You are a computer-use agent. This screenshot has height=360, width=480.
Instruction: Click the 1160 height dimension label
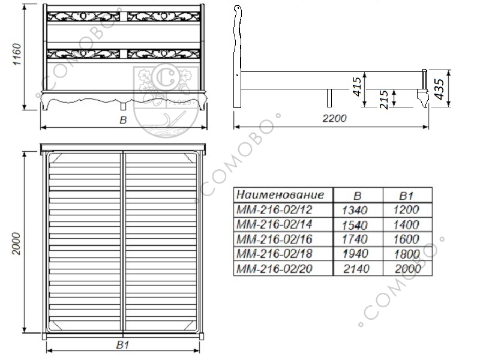(x=17, y=54)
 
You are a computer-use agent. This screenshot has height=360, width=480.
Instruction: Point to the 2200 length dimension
(x=334, y=118)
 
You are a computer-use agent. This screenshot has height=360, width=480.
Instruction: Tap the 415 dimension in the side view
(x=358, y=86)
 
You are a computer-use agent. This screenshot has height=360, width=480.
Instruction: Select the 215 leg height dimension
(x=384, y=100)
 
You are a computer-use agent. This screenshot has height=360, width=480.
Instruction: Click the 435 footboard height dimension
(x=439, y=89)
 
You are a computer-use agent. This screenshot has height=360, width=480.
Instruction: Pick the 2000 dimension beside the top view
(x=16, y=244)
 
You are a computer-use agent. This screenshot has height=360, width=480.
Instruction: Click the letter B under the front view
(x=123, y=120)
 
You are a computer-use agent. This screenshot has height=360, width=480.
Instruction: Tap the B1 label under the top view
(x=122, y=345)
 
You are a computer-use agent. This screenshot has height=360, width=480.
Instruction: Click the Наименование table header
(x=280, y=194)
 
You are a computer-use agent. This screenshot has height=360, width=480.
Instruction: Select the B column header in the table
(x=357, y=196)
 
